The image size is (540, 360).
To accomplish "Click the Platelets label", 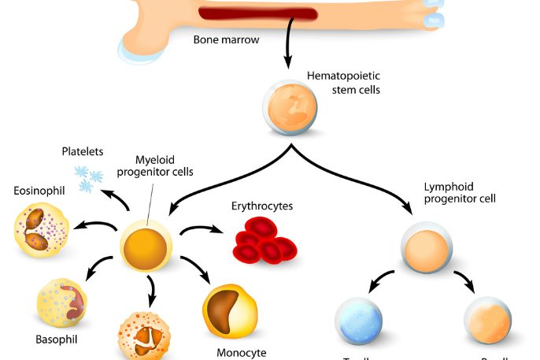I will point(83,151).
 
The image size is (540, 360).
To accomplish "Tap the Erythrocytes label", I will point(262,206).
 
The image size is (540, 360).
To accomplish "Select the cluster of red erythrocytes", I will point(264,240).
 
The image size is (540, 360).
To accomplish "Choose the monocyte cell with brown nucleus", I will point(230,311).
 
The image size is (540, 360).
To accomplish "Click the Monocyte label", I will point(242,351).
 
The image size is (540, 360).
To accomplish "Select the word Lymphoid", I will point(446,187).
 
